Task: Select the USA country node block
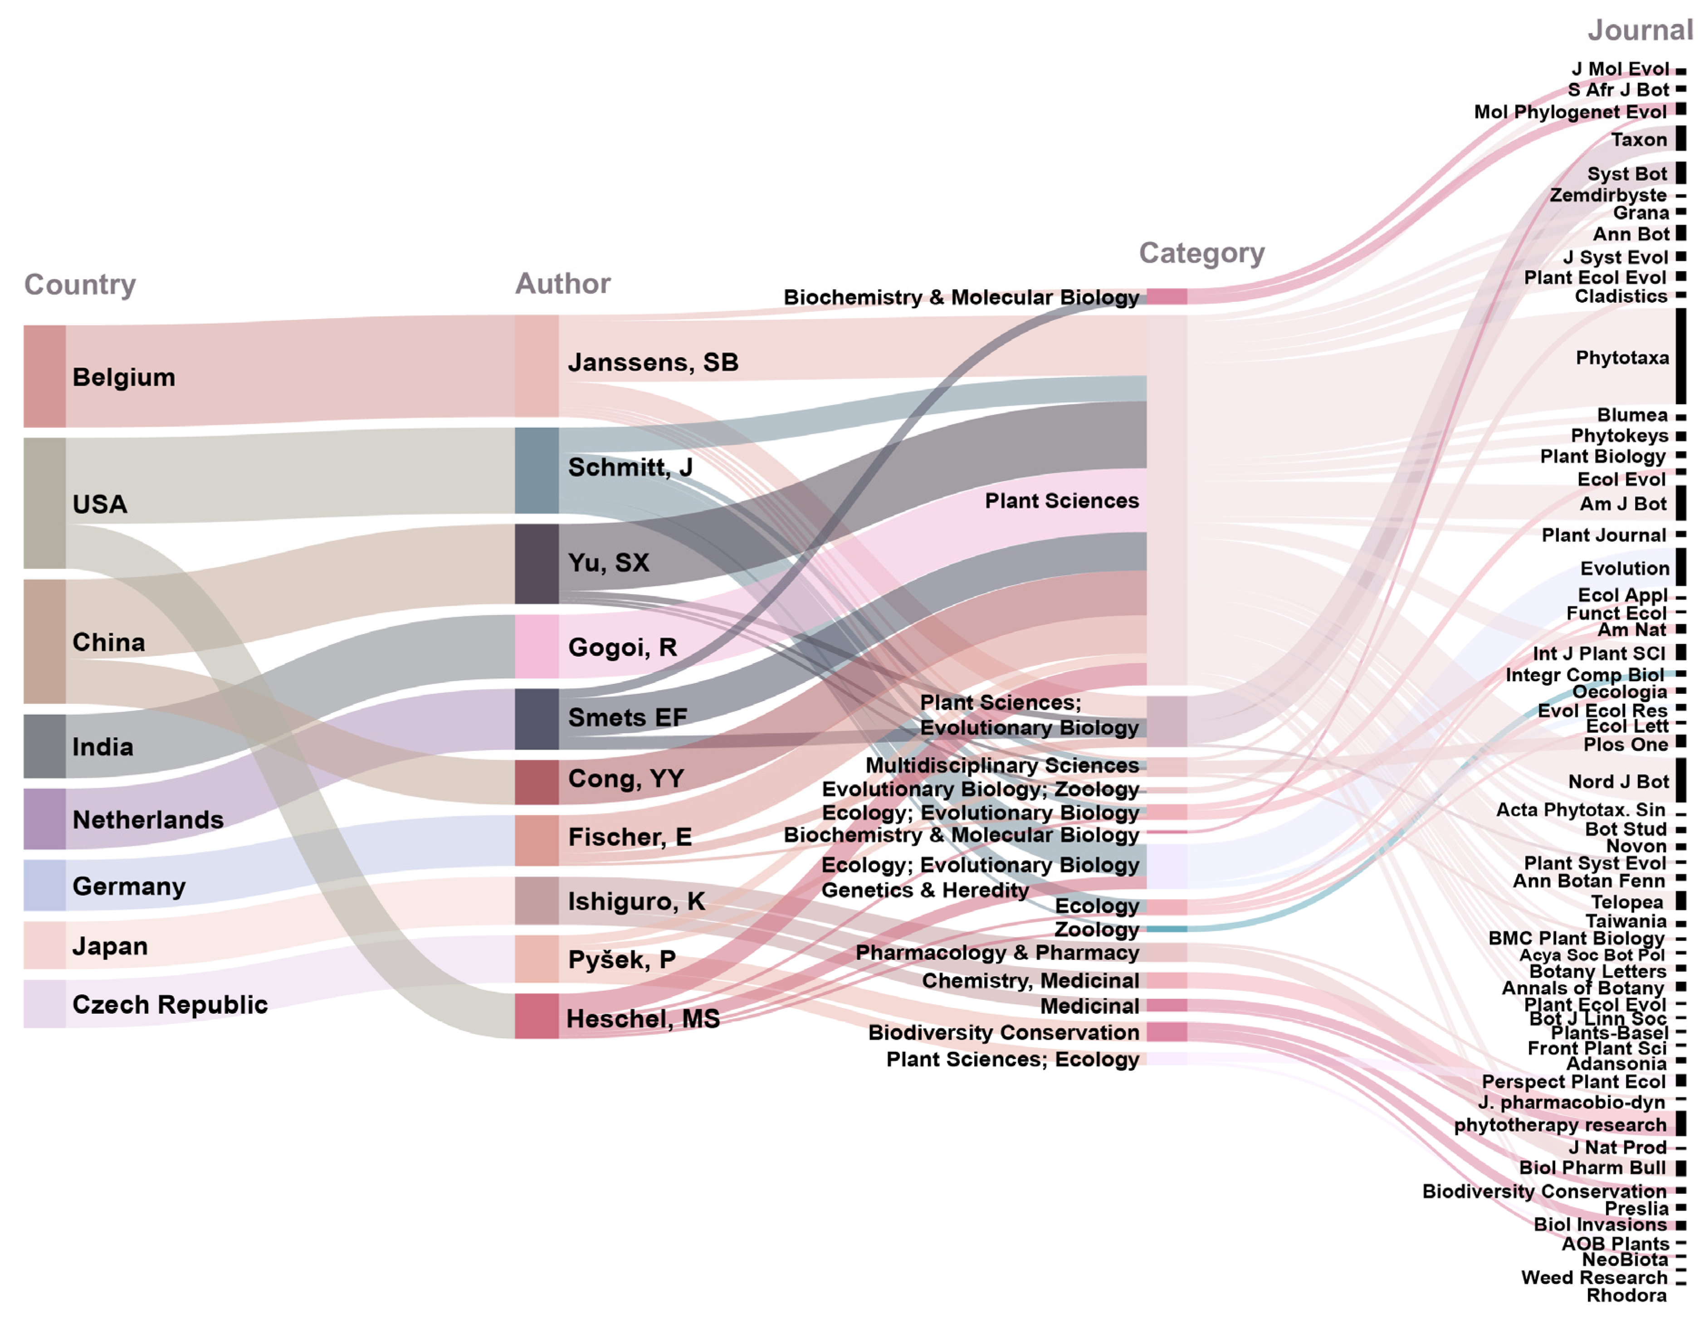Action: [x=44, y=503]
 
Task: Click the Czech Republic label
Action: [x=169, y=1004]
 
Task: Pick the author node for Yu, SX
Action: [x=536, y=563]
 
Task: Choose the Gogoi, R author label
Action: [x=622, y=647]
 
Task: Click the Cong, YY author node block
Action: [x=536, y=782]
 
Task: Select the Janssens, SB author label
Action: [x=652, y=363]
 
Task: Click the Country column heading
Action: [x=79, y=285]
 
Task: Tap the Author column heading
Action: [x=562, y=283]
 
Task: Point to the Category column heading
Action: [x=1201, y=252]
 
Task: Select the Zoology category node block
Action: [x=1167, y=929]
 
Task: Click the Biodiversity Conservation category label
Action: [x=1003, y=1032]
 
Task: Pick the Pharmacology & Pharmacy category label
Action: [x=997, y=953]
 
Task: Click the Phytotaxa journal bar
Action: [x=1680, y=356]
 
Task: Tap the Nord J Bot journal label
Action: [x=1617, y=781]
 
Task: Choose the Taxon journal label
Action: [x=1638, y=140]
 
